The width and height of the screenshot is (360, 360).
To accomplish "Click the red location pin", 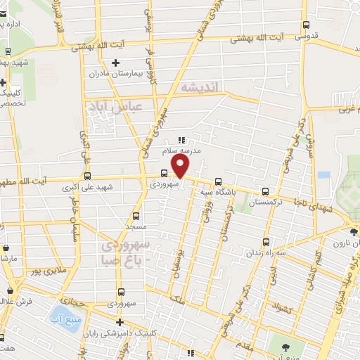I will tap(181, 167).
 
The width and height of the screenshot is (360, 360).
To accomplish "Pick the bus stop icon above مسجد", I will tap(136, 216).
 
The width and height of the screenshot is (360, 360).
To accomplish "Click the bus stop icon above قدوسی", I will tap(304, 25).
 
